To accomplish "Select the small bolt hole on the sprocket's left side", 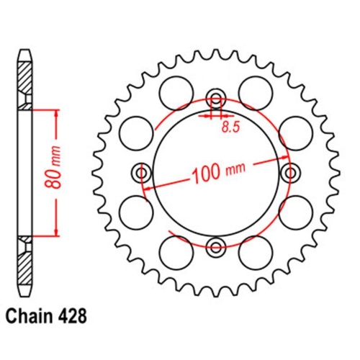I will [141, 174].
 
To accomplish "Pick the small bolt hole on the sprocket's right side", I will [292, 174].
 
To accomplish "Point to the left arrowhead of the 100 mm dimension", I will [148, 186].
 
